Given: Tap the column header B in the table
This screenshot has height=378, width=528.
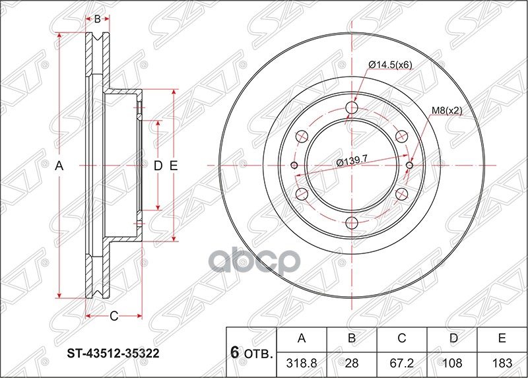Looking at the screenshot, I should [x=352, y=339].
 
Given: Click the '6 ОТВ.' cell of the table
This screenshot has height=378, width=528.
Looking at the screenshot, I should [x=251, y=352].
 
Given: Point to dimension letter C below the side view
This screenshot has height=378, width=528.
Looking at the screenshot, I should [x=114, y=317].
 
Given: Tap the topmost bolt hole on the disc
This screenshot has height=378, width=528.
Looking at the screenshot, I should [x=352, y=108].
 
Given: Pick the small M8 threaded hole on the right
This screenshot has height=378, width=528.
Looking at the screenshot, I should [x=409, y=166].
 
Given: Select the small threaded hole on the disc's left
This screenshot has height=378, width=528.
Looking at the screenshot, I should [x=294, y=166].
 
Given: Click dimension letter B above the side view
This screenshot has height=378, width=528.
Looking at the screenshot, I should [x=97, y=19].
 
